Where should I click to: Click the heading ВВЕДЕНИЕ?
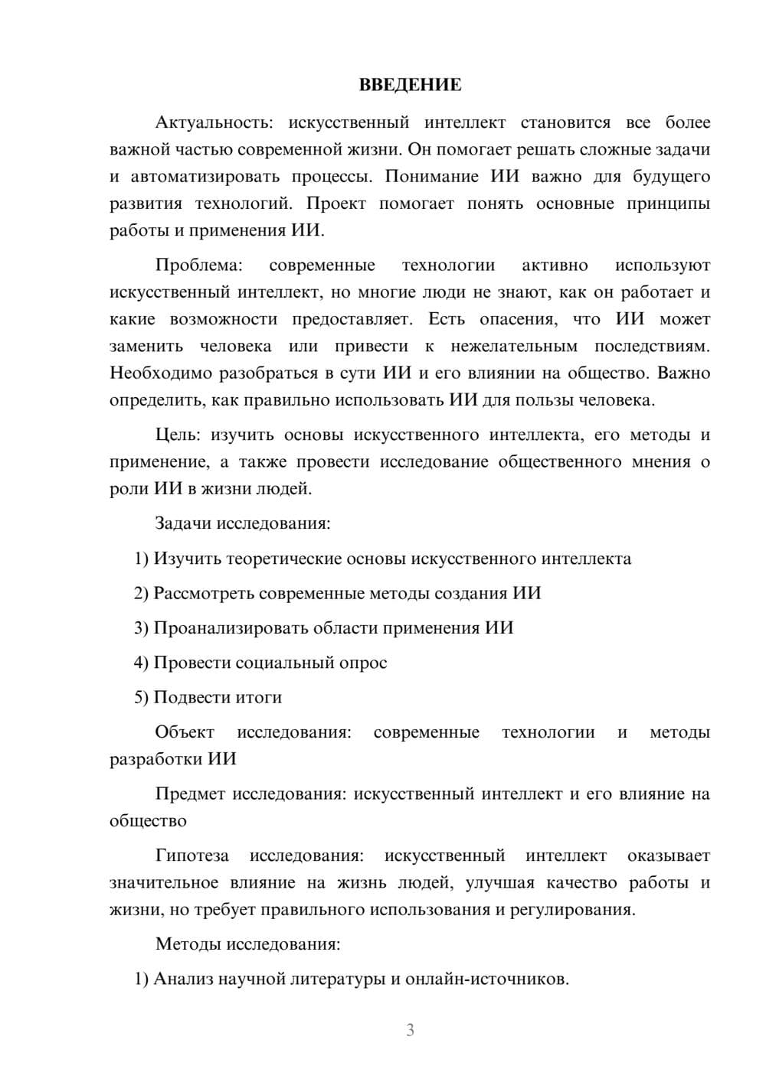tap(410, 85)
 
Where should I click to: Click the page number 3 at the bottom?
tap(410, 1030)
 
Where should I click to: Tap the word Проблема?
tap(198, 266)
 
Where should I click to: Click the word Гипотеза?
tap(191, 855)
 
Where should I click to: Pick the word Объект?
tap(185, 732)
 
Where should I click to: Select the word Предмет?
tap(190, 794)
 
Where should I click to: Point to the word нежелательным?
tap(514, 346)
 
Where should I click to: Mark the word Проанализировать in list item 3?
tap(224, 628)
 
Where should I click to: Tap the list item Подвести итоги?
tap(218, 698)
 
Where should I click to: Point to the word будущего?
tap(671, 177)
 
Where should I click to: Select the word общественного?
tap(559, 462)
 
